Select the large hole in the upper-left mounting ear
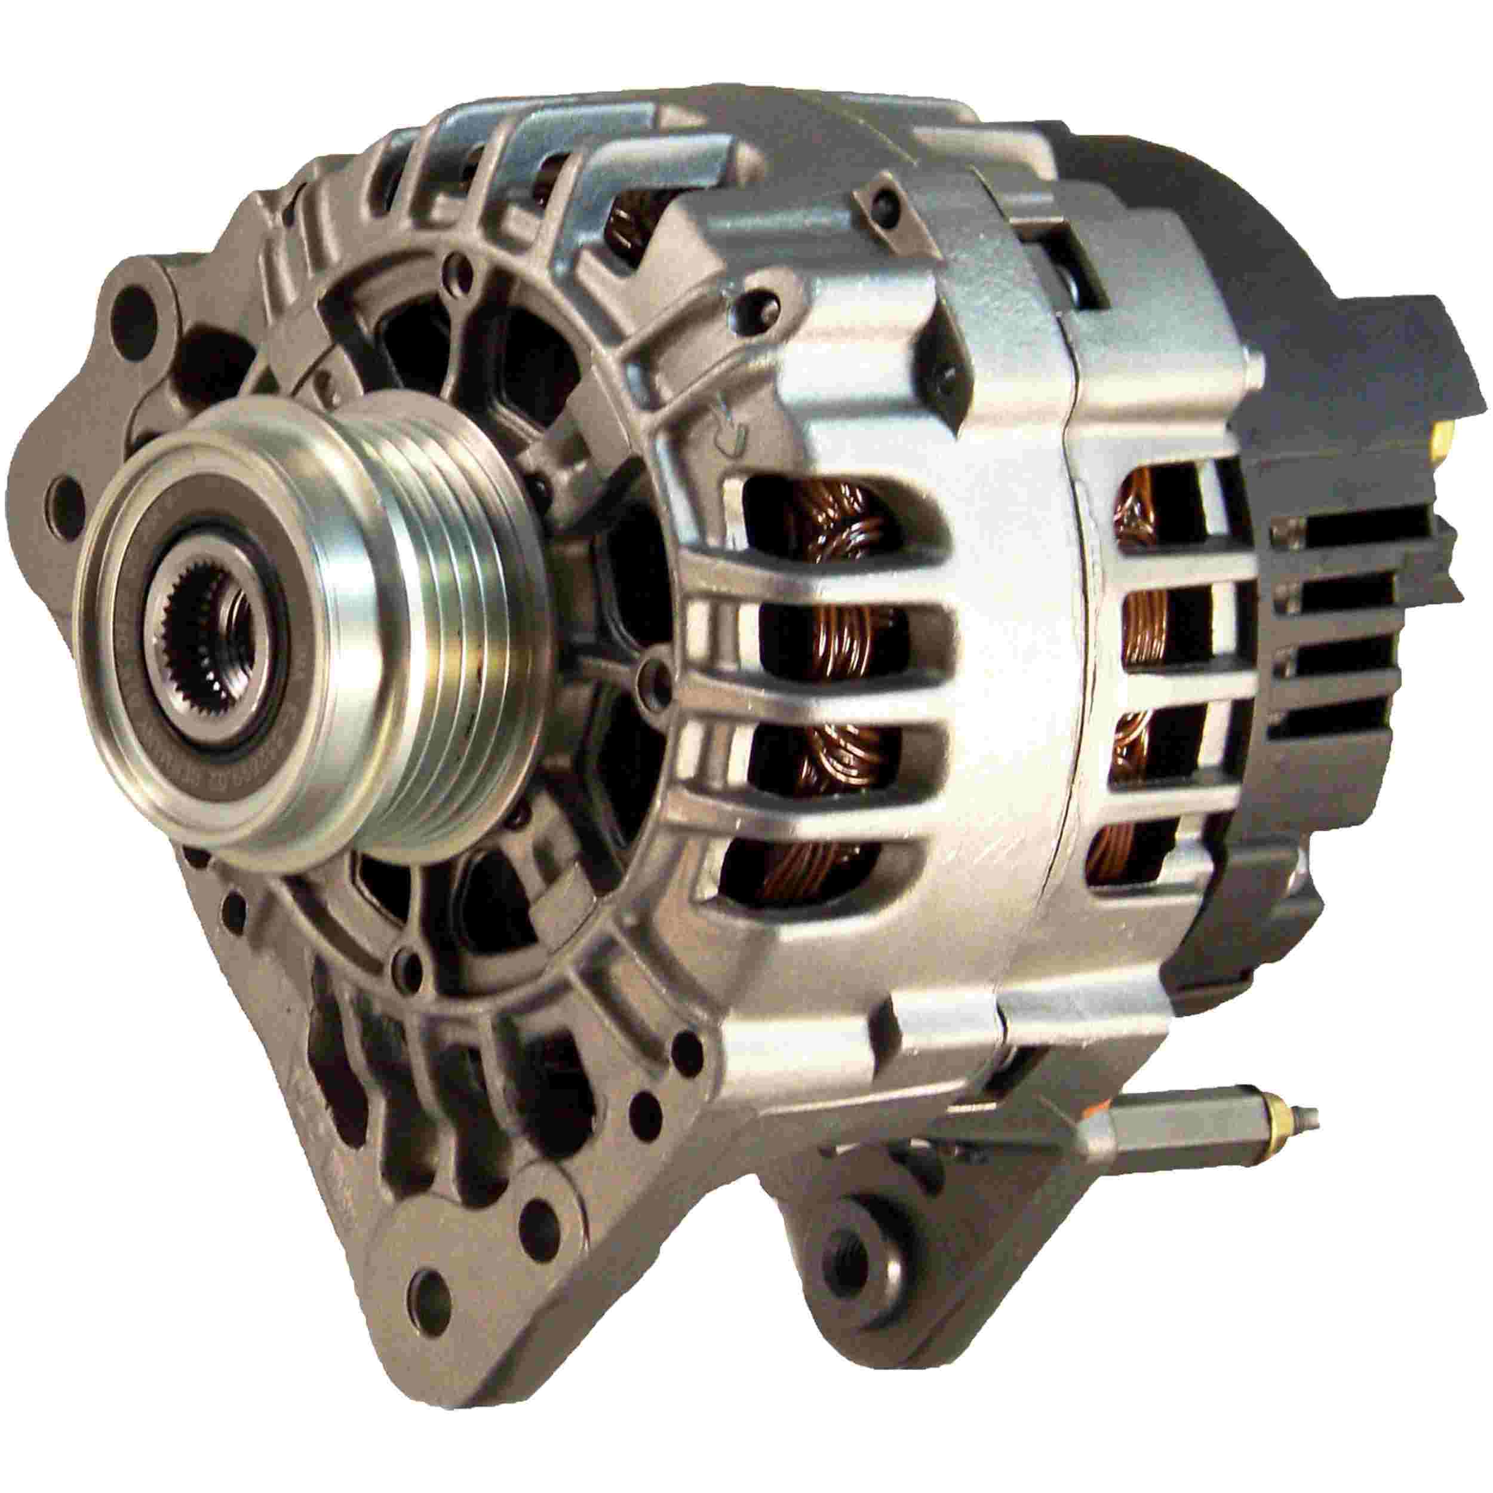141,303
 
